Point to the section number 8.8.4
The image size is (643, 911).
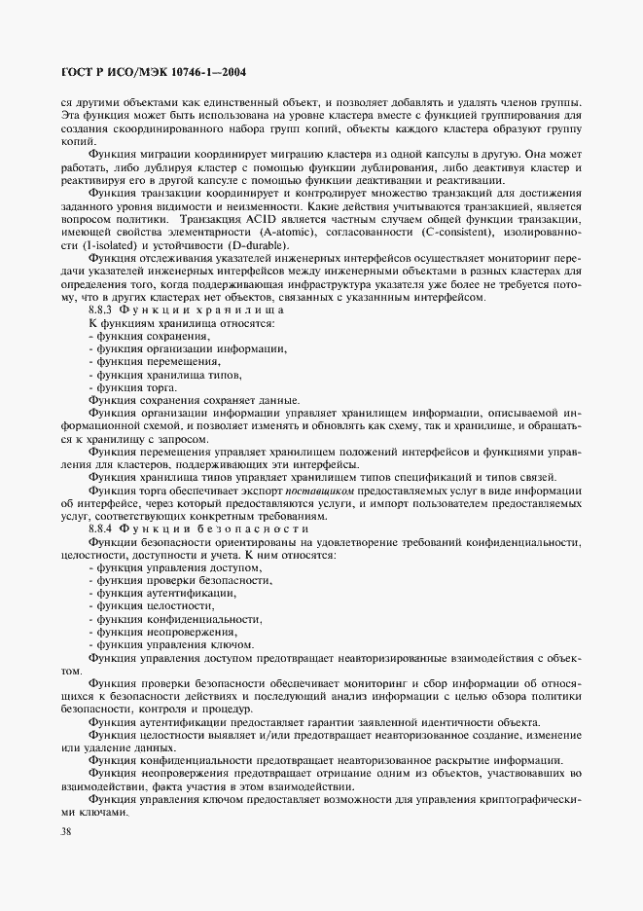pyautogui.click(x=102, y=527)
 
